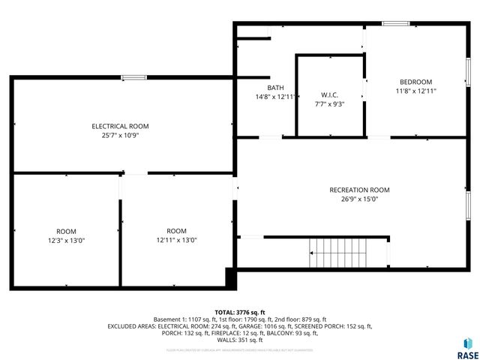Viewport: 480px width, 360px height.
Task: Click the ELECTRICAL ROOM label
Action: [x=120, y=126]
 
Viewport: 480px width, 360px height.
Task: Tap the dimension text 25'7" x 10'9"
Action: [x=120, y=136]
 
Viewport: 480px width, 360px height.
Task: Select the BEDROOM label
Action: [x=415, y=82]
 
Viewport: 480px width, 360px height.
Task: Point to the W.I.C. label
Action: [x=330, y=95]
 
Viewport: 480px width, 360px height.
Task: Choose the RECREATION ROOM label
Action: [x=360, y=190]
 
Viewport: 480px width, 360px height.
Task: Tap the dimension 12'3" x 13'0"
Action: [x=66, y=240]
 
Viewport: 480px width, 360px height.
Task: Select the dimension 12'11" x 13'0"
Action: [x=176, y=240]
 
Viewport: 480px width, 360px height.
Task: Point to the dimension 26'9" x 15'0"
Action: [x=360, y=199]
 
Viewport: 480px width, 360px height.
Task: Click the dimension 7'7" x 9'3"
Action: [x=330, y=105]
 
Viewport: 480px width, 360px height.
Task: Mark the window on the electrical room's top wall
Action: [x=134, y=76]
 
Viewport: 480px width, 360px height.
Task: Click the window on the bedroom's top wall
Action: [x=394, y=24]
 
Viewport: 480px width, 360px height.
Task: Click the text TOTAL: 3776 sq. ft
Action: [x=240, y=311]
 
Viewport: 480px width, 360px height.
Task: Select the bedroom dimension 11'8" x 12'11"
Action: [x=415, y=91]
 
